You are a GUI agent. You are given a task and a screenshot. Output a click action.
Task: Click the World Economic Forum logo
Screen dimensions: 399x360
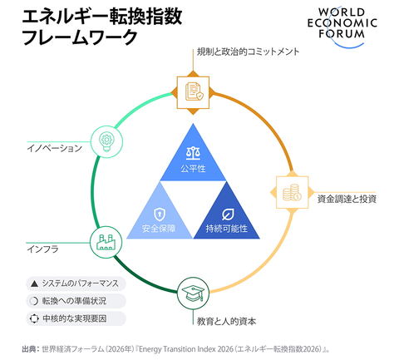342,27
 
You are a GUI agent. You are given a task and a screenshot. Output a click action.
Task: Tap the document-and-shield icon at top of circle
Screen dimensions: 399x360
194,91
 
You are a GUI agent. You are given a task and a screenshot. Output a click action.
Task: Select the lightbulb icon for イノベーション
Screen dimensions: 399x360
106,141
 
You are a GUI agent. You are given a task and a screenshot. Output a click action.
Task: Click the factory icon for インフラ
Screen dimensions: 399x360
106,242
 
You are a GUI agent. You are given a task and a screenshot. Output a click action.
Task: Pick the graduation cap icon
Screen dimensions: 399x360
193,293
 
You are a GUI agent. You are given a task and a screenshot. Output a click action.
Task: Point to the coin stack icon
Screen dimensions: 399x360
292,192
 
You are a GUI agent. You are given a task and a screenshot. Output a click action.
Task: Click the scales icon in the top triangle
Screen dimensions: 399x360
193,154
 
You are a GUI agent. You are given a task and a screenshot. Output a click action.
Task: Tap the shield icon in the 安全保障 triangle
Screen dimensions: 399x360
160,215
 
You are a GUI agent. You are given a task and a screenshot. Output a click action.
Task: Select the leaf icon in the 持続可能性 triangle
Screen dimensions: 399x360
228,215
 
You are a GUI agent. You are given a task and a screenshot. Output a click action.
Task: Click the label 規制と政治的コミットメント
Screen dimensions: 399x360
248,52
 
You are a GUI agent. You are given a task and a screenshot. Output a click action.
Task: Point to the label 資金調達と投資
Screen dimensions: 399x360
347,199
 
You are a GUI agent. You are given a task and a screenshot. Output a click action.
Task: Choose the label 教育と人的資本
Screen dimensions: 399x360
226,321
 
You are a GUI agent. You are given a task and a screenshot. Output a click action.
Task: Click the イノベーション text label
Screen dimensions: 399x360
55,148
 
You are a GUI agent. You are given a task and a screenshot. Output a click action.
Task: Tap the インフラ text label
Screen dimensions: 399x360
43,249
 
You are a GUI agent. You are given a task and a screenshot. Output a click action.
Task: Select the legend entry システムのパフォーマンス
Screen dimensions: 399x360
76,284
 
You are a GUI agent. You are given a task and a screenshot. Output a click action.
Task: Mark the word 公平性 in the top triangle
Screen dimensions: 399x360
193,168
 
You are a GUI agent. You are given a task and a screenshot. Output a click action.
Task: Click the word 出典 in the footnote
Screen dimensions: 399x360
29,349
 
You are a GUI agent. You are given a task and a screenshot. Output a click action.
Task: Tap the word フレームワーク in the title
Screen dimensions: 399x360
80,37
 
